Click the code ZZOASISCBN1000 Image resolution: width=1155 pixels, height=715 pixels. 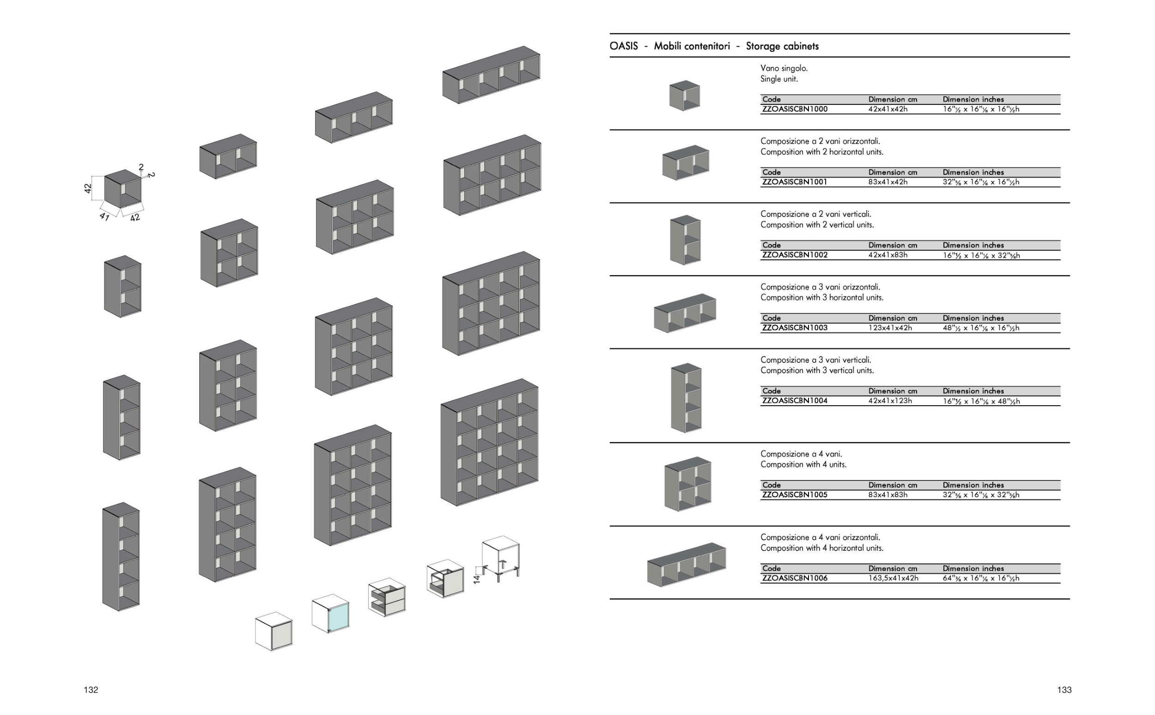[795, 109]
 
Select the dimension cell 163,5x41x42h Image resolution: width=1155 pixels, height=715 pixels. [893, 578]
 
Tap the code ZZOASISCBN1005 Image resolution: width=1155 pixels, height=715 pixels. [795, 495]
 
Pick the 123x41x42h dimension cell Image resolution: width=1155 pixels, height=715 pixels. [889, 328]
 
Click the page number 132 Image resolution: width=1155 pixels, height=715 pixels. [91, 690]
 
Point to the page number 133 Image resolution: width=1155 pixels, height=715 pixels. [1064, 690]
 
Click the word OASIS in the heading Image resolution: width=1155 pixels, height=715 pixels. [623, 46]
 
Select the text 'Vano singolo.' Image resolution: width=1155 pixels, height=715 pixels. [784, 68]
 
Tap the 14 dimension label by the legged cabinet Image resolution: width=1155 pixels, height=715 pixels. [476, 579]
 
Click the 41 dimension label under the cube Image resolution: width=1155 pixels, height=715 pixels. [104, 216]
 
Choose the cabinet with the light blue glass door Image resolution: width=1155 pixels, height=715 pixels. [331, 613]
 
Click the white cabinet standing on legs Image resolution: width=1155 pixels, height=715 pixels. [501, 558]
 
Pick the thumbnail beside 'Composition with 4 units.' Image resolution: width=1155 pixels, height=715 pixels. [687, 483]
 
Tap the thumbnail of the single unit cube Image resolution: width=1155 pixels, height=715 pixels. [684, 96]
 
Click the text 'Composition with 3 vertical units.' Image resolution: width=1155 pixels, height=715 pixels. [817, 370]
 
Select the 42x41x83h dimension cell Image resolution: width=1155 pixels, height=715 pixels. [888, 255]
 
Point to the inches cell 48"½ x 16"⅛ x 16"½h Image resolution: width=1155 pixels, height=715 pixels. [980, 328]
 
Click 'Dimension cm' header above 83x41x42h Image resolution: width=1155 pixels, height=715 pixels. [893, 172]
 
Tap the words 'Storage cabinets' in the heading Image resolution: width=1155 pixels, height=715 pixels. [782, 46]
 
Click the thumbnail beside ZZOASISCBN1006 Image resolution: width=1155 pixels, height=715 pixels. [686, 565]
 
